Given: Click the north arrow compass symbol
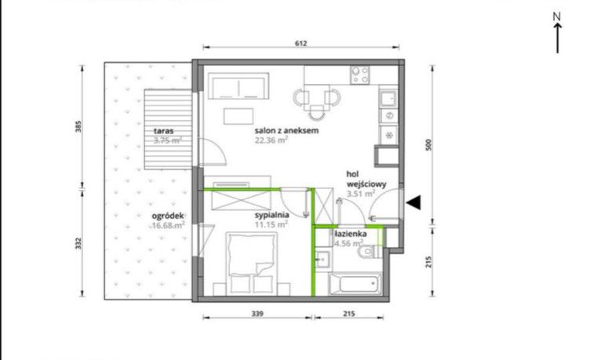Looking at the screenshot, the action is [x=557, y=33].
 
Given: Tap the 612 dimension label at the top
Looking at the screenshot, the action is [x=301, y=43].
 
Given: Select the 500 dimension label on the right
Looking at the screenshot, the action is [x=428, y=145].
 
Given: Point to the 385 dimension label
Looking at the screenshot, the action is [x=78, y=126].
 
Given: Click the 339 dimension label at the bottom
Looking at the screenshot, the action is [x=257, y=314].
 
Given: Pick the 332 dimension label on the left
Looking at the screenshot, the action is [x=78, y=243].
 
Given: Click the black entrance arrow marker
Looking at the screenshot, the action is [x=414, y=202].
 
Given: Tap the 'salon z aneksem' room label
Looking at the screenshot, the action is [x=286, y=130].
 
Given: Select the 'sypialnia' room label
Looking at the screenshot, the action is [x=272, y=215].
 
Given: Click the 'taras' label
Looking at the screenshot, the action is [x=163, y=131].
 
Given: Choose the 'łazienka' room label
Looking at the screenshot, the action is [x=350, y=234].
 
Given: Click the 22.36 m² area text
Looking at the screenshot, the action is [x=272, y=140].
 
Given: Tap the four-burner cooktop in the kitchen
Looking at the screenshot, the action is [x=360, y=75].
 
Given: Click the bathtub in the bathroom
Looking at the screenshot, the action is [x=355, y=284].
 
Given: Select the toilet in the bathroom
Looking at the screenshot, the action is [x=370, y=252].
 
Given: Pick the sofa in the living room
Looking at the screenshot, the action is [x=239, y=86].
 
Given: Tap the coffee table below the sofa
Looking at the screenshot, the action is [x=239, y=116].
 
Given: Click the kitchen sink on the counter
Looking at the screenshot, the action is [x=388, y=99].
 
